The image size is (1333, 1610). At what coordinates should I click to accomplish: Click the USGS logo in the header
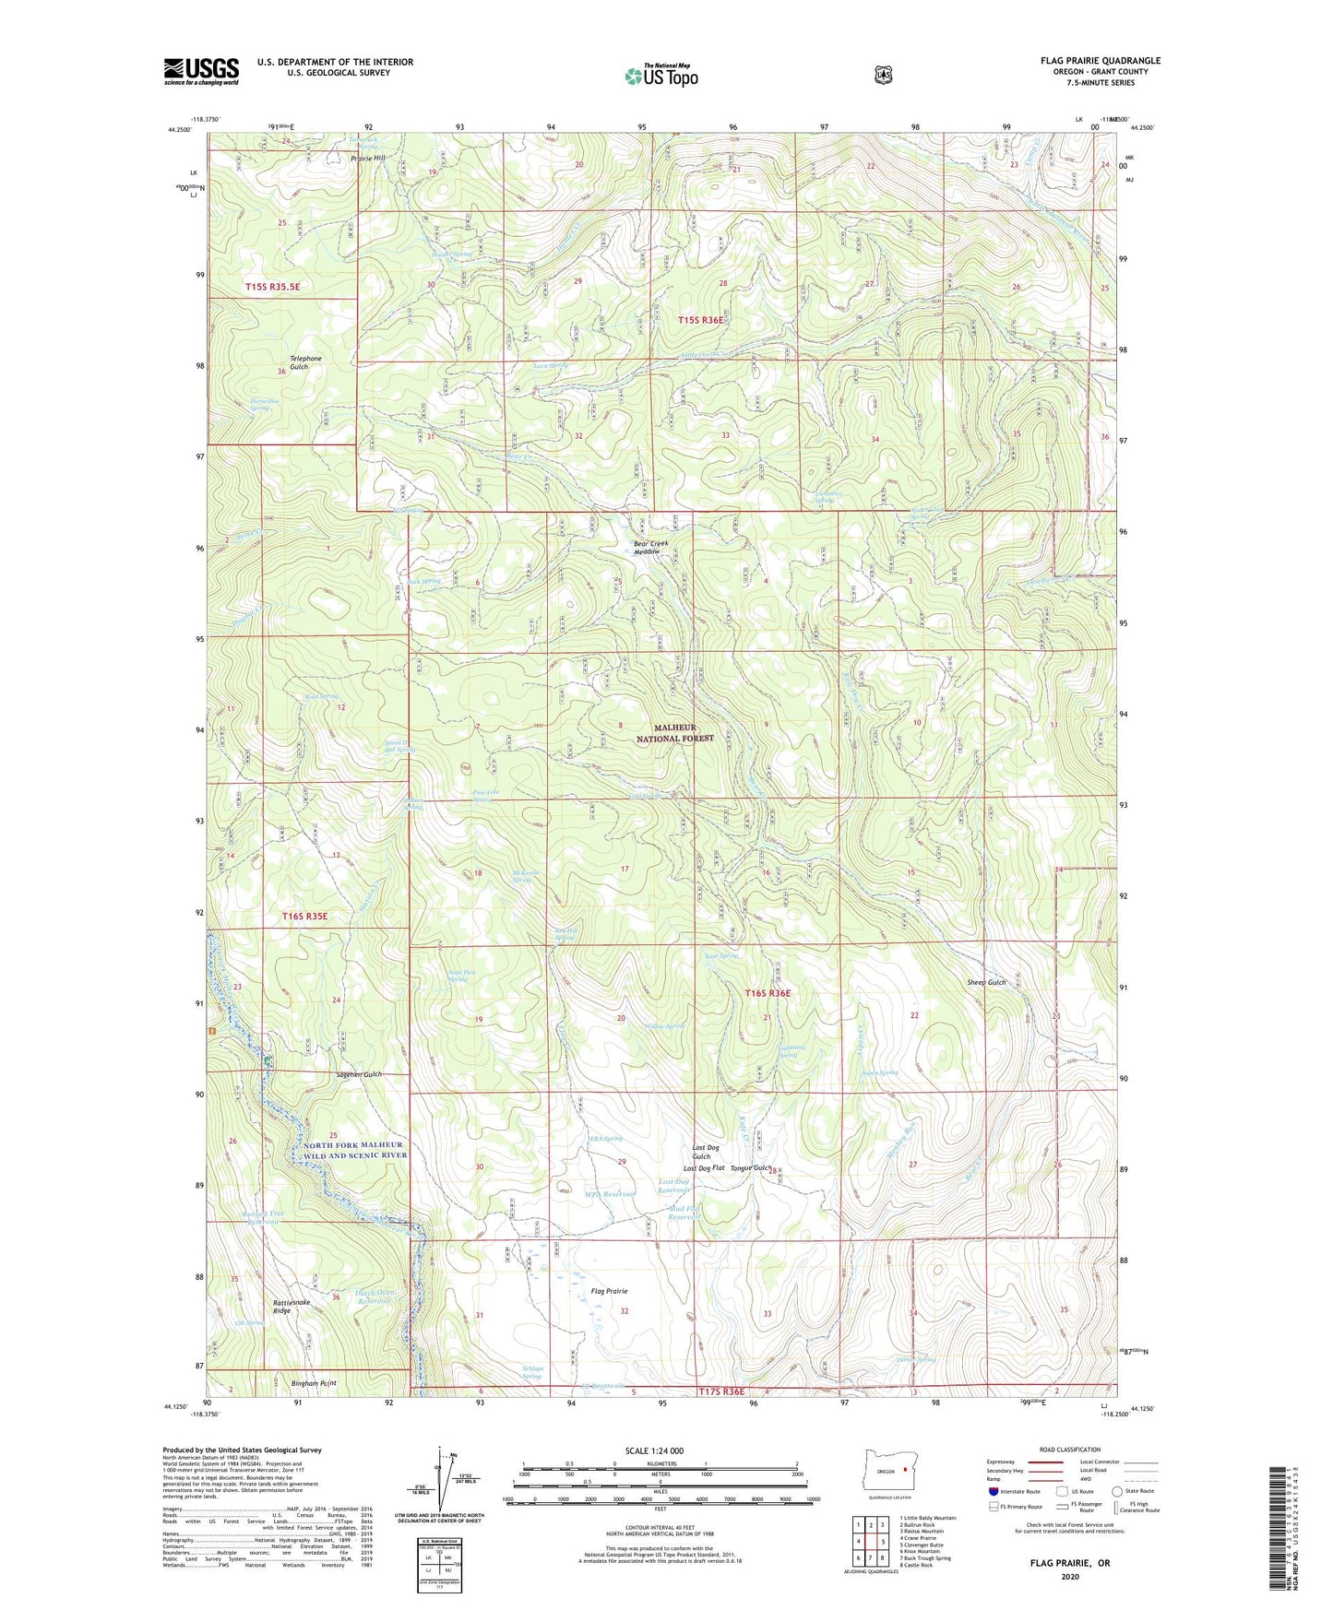(x=201, y=71)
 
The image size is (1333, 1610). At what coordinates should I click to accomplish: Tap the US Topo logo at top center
(x=661, y=76)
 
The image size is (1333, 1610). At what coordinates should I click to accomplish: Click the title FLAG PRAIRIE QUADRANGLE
(x=1100, y=61)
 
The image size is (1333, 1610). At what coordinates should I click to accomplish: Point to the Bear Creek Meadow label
(x=650, y=548)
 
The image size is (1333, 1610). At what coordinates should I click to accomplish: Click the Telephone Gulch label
(x=306, y=362)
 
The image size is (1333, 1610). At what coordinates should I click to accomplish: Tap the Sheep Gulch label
(x=987, y=982)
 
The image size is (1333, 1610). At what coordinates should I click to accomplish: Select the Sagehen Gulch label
(x=359, y=1074)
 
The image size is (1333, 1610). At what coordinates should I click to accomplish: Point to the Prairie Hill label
(x=368, y=158)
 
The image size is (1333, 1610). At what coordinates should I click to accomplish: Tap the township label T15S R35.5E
(x=272, y=288)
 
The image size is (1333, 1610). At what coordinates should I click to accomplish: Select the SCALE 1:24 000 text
(x=654, y=1450)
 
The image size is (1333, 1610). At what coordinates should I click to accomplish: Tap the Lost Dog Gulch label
(x=701, y=1152)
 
